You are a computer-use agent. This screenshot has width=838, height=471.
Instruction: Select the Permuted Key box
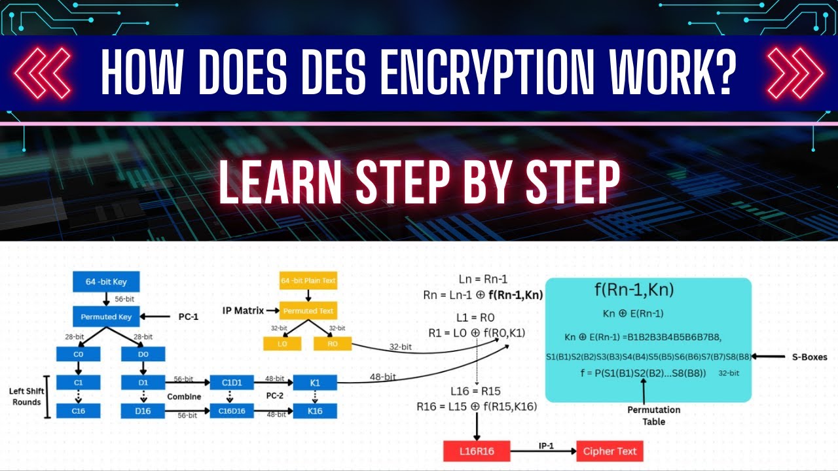pyautogui.click(x=106, y=317)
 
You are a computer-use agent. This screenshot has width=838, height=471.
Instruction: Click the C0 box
pyautogui.click(x=78, y=353)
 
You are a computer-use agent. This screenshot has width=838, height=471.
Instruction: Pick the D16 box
pyautogui.click(x=143, y=411)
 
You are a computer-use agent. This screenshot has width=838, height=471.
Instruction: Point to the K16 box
pyautogui.click(x=315, y=411)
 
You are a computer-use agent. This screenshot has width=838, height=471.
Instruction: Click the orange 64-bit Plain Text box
pyautogui.click(x=308, y=281)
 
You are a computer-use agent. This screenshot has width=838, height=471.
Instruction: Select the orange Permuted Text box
pyautogui.click(x=308, y=311)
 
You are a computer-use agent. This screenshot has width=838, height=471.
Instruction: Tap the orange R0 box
pyautogui.click(x=333, y=342)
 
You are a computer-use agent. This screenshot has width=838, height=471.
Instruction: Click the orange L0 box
pyautogui.click(x=282, y=342)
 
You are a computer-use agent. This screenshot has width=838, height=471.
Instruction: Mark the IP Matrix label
pyautogui.click(x=243, y=311)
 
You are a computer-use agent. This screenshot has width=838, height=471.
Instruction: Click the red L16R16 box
pyautogui.click(x=476, y=451)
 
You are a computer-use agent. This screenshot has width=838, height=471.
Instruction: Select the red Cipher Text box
pyautogui.click(x=609, y=451)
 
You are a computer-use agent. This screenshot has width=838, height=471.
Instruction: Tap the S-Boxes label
pyautogui.click(x=805, y=357)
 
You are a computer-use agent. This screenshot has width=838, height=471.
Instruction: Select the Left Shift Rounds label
pyautogui.click(x=26, y=396)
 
